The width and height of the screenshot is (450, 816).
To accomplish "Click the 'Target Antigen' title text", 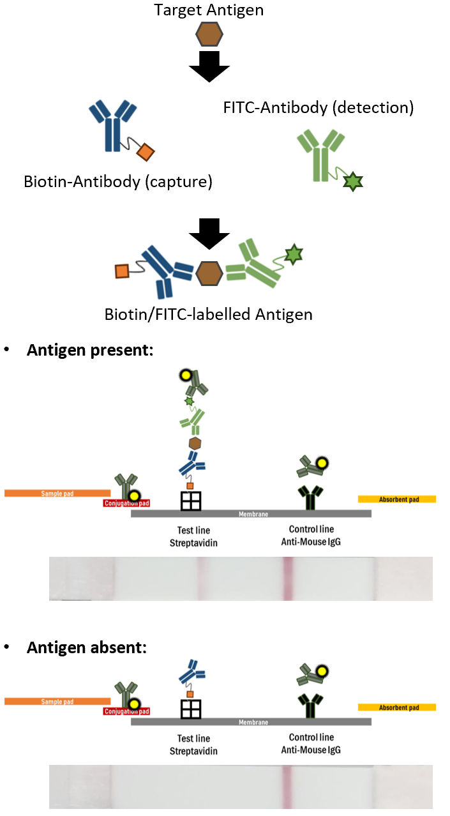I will (209, 10).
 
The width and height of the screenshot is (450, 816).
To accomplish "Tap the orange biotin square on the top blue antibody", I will (146, 153).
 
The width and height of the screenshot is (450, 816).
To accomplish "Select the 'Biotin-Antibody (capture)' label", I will (117, 181).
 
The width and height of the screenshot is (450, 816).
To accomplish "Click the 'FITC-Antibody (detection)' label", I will (319, 107).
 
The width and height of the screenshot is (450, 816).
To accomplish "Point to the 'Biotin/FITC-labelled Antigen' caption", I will (209, 314).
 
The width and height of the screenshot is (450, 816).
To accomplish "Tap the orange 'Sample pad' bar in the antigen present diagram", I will (57, 493).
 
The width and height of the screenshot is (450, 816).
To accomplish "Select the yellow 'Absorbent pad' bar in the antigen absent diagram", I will (396, 707).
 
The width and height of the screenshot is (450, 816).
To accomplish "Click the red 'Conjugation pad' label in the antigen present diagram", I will (126, 503).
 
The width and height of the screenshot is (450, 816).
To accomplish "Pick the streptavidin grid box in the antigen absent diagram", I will (191, 709).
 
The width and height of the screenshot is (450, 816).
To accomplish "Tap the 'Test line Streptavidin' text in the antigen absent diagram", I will (193, 745).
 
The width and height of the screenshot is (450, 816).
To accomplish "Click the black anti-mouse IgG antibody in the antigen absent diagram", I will (311, 707).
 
